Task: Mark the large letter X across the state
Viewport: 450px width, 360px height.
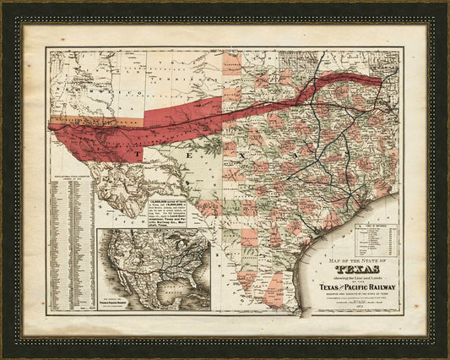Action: (239, 156)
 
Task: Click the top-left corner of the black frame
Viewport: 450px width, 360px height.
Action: (4, 4)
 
